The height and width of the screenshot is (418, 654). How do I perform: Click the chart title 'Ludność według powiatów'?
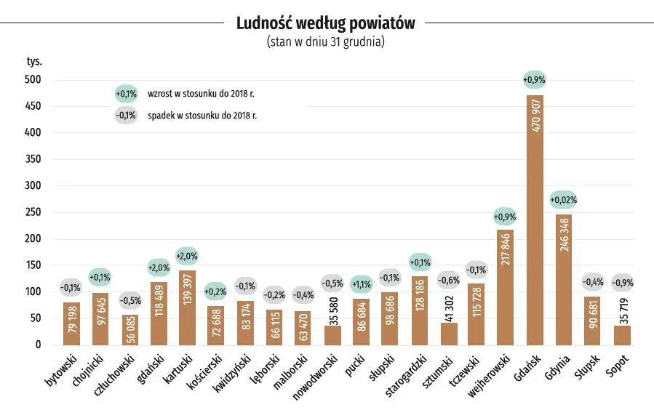(325, 23)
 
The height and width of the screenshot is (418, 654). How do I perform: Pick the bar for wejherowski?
(506, 287)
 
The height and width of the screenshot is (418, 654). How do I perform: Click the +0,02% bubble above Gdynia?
(564, 199)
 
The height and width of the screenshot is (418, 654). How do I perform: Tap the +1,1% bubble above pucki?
(362, 284)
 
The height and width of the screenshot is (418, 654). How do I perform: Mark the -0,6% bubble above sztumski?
(448, 280)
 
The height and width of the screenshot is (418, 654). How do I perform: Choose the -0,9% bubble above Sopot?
(622, 283)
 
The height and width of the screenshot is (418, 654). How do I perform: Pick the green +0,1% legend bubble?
(126, 94)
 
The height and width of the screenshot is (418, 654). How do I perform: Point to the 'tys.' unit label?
(34, 61)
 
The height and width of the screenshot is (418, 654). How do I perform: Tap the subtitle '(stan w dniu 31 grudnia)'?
(325, 41)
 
